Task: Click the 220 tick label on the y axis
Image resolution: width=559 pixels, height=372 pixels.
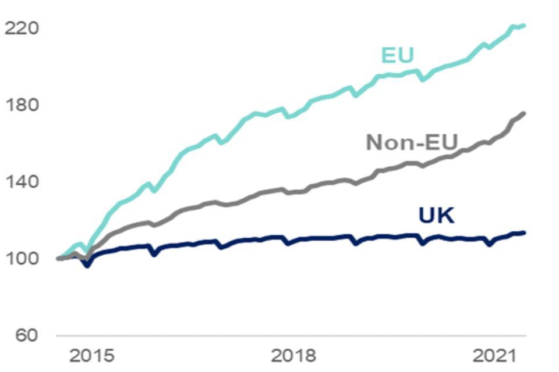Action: [x=21, y=28]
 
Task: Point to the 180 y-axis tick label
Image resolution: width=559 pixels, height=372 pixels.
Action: [x=21, y=105]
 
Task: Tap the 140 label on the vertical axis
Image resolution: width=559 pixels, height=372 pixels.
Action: [x=21, y=182]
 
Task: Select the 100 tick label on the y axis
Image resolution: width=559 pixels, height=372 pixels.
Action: [x=21, y=259]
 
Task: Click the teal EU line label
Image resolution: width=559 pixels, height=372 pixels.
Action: [x=397, y=55]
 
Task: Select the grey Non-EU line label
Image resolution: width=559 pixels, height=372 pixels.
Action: [x=412, y=141]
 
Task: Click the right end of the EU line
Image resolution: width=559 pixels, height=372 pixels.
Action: [x=524, y=26]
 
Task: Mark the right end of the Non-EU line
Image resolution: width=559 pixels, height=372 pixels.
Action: [x=524, y=113]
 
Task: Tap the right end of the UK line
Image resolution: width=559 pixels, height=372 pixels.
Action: [x=524, y=233]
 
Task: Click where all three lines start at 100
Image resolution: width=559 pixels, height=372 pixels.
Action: [x=58, y=258]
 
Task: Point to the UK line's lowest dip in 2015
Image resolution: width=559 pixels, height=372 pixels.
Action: [x=88, y=265]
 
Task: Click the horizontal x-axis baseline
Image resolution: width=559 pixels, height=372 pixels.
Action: [x=291, y=336]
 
